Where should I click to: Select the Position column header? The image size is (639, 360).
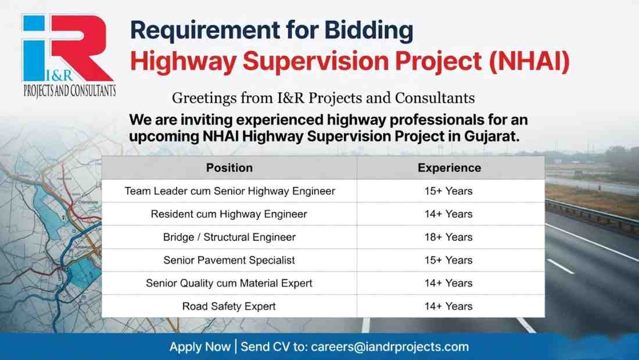coord(229,168)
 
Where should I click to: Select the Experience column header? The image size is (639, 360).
coord(449,168)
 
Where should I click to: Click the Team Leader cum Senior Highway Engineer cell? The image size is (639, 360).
coord(229,191)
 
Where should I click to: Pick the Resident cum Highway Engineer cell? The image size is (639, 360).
coord(229,214)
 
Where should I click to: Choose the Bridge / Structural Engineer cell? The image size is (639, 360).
coord(229,237)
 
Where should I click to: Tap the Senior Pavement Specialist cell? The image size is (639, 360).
coord(229,260)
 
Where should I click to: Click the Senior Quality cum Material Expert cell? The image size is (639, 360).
coord(229,283)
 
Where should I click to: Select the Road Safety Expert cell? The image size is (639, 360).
coord(229,306)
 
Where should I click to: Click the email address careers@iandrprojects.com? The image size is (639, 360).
coord(390,347)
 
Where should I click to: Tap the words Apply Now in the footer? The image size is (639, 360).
coord(200,347)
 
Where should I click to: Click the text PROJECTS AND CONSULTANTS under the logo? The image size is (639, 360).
coord(69,91)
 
